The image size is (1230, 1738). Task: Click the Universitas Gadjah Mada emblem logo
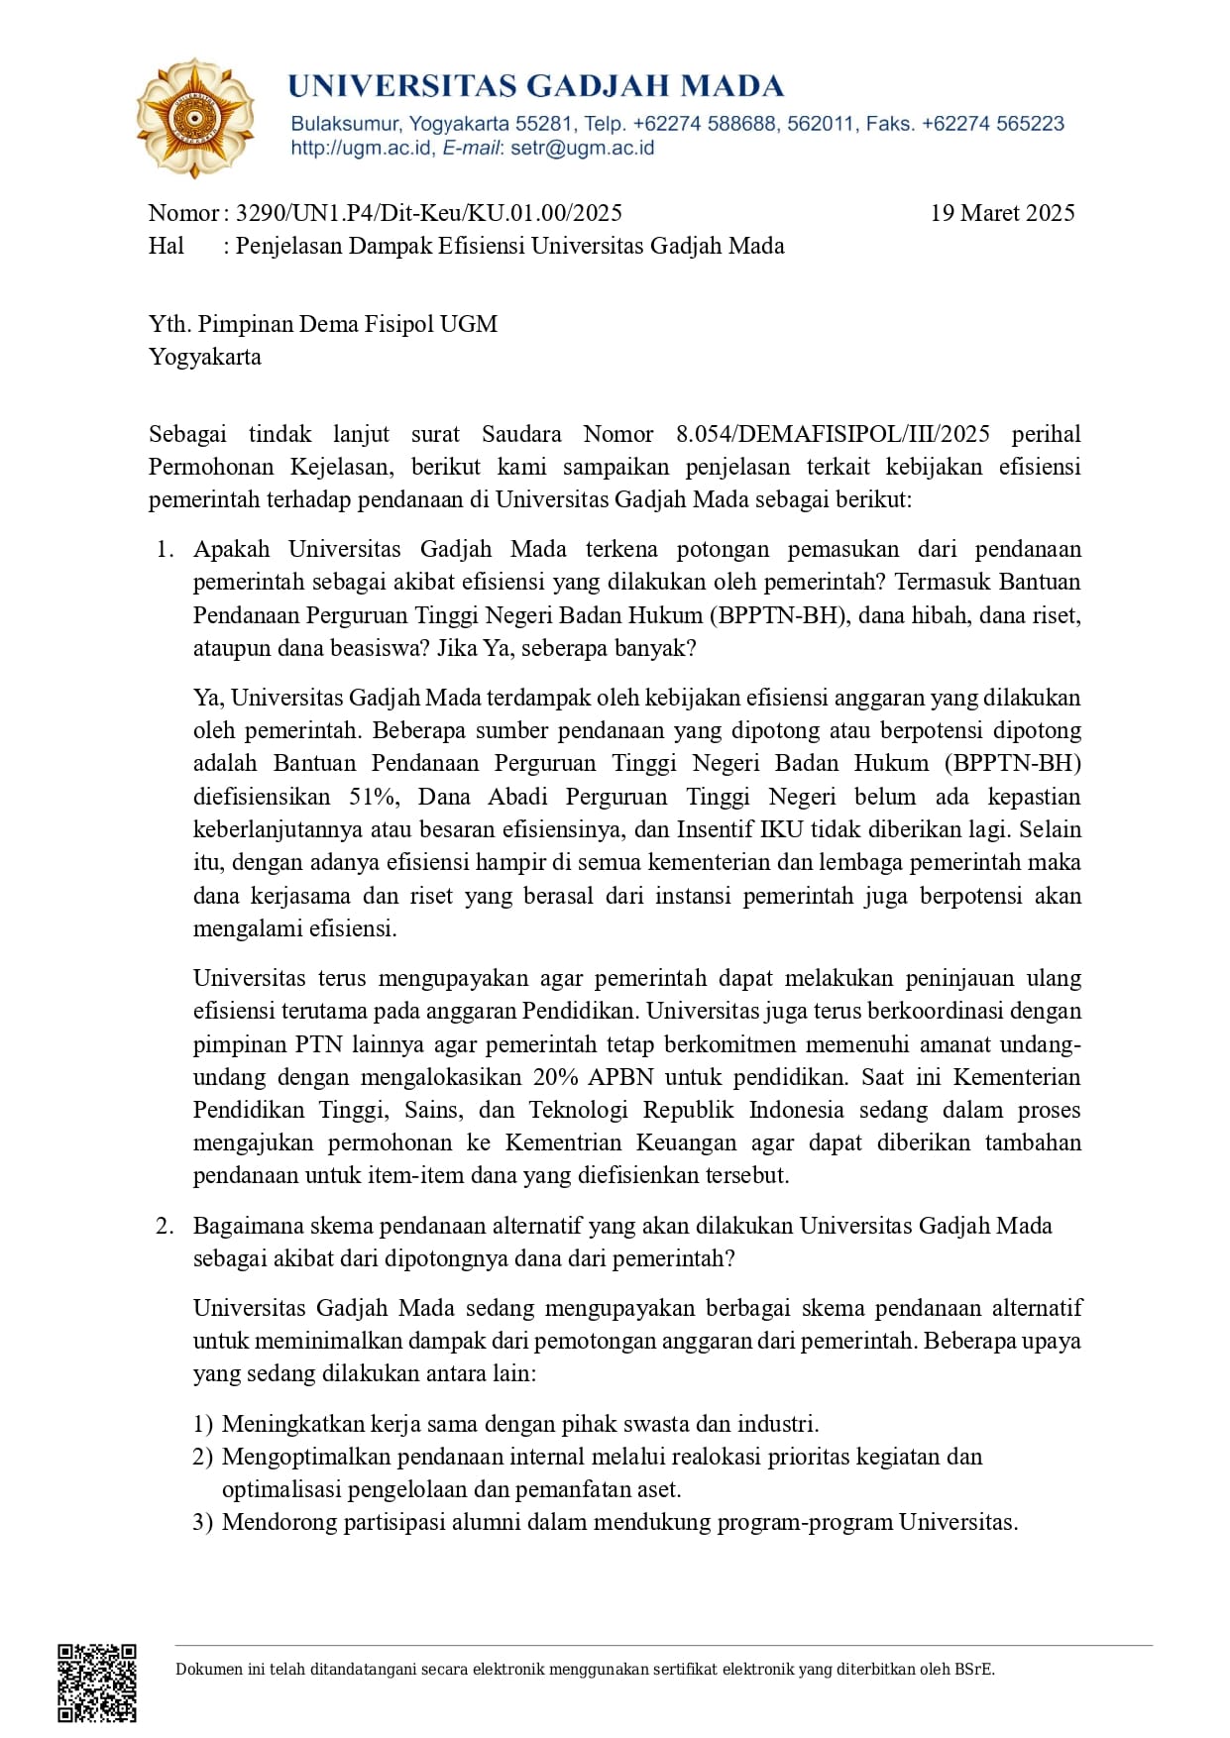tap(194, 118)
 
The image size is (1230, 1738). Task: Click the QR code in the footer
tap(96, 1683)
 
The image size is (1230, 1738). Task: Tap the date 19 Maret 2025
tap(1002, 213)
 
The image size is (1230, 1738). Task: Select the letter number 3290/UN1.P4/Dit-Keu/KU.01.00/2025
tap(429, 213)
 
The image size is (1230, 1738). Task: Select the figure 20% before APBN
tap(555, 1077)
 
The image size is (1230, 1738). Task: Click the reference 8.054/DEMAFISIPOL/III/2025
tap(833, 434)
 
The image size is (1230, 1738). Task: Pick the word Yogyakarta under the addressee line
tap(205, 357)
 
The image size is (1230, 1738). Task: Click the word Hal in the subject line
tap(167, 246)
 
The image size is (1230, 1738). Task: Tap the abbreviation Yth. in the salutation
tap(169, 324)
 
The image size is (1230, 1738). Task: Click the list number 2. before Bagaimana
tap(165, 1226)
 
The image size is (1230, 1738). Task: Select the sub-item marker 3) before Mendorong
tap(202, 1522)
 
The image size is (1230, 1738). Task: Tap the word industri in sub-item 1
tap(776, 1424)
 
